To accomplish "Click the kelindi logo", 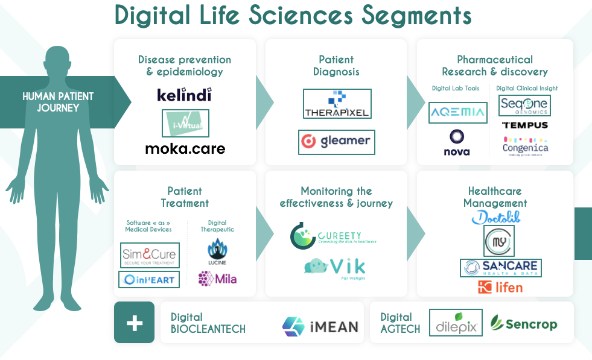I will pos(184,95).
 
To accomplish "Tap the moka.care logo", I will pos(185,148).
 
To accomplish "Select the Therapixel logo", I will pos(337,104).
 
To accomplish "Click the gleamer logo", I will pos(337,142).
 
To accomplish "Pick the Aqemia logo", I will pos(457,113).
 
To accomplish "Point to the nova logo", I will pos(456,143).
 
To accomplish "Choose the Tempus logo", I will pos(524,125).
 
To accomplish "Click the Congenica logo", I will pos(525,145).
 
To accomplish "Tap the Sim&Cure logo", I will pos(149,256).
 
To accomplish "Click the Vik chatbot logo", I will pos(335,268).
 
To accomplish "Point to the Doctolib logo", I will pos(496,218).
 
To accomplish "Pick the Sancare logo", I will pos(500,268).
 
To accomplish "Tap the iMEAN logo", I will pos(320,326).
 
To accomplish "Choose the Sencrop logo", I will pos(523,324).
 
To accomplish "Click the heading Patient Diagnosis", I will pos(336,66).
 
